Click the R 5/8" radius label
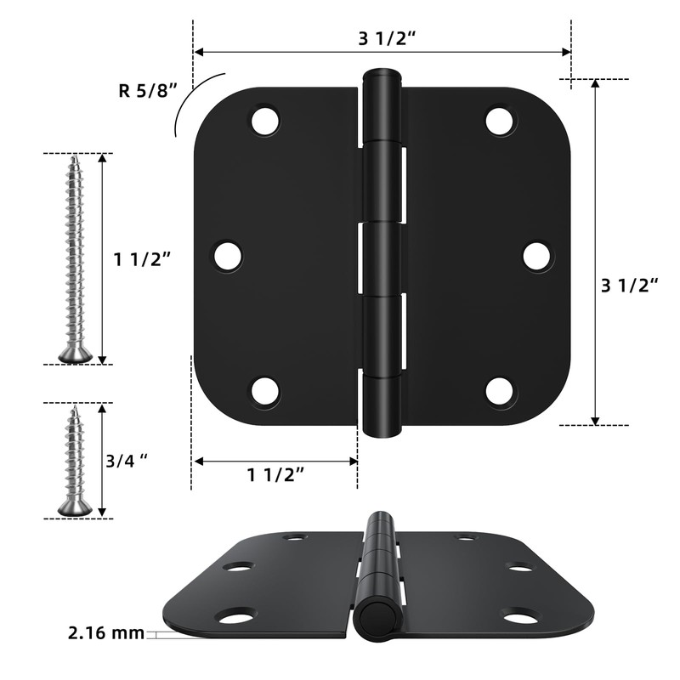click(150, 88)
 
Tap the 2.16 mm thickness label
click(105, 632)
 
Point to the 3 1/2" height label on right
click(631, 286)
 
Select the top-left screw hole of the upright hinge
click(265, 120)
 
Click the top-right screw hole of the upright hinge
click(500, 120)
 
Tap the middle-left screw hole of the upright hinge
click(228, 255)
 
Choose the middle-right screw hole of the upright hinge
click(537, 255)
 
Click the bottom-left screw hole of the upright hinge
click(265, 391)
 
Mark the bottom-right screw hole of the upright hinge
click(500, 391)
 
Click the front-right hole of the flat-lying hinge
click(519, 615)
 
